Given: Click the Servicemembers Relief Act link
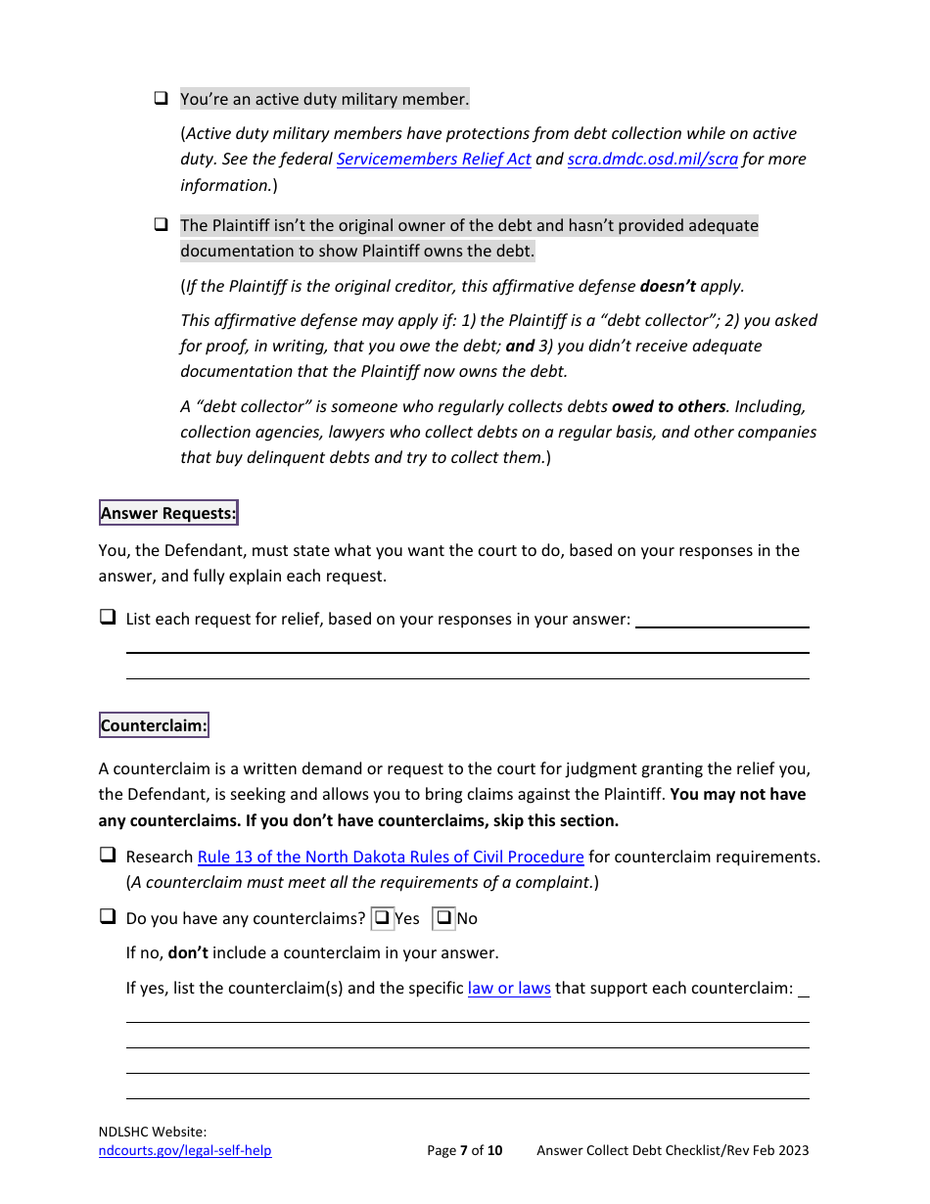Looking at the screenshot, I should click(x=434, y=160).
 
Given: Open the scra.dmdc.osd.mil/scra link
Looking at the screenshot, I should click(x=652, y=160).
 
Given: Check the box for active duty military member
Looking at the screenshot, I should click(x=161, y=99).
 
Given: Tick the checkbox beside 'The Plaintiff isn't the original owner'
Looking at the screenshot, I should click(x=161, y=225).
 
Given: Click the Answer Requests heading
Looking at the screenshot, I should click(x=168, y=513).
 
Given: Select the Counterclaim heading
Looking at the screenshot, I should click(x=154, y=726).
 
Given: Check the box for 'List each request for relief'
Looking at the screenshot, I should click(x=107, y=618).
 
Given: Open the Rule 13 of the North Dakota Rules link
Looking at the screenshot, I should click(x=391, y=857).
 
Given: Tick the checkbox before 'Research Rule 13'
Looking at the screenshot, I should click(x=107, y=856).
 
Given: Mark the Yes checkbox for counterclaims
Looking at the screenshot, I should click(x=383, y=918).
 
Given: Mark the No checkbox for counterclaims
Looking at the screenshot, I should click(x=444, y=918).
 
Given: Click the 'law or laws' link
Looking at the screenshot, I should click(x=509, y=988).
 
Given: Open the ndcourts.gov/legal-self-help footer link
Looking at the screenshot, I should click(x=185, y=1150).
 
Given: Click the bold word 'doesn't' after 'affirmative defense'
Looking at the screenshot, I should click(x=668, y=287).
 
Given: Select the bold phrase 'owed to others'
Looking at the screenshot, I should click(x=669, y=406).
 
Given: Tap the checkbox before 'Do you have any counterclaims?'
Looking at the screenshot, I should click(x=107, y=917).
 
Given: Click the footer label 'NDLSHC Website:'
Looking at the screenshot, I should click(x=152, y=1132).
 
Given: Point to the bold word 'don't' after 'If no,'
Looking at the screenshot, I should click(x=188, y=952).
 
